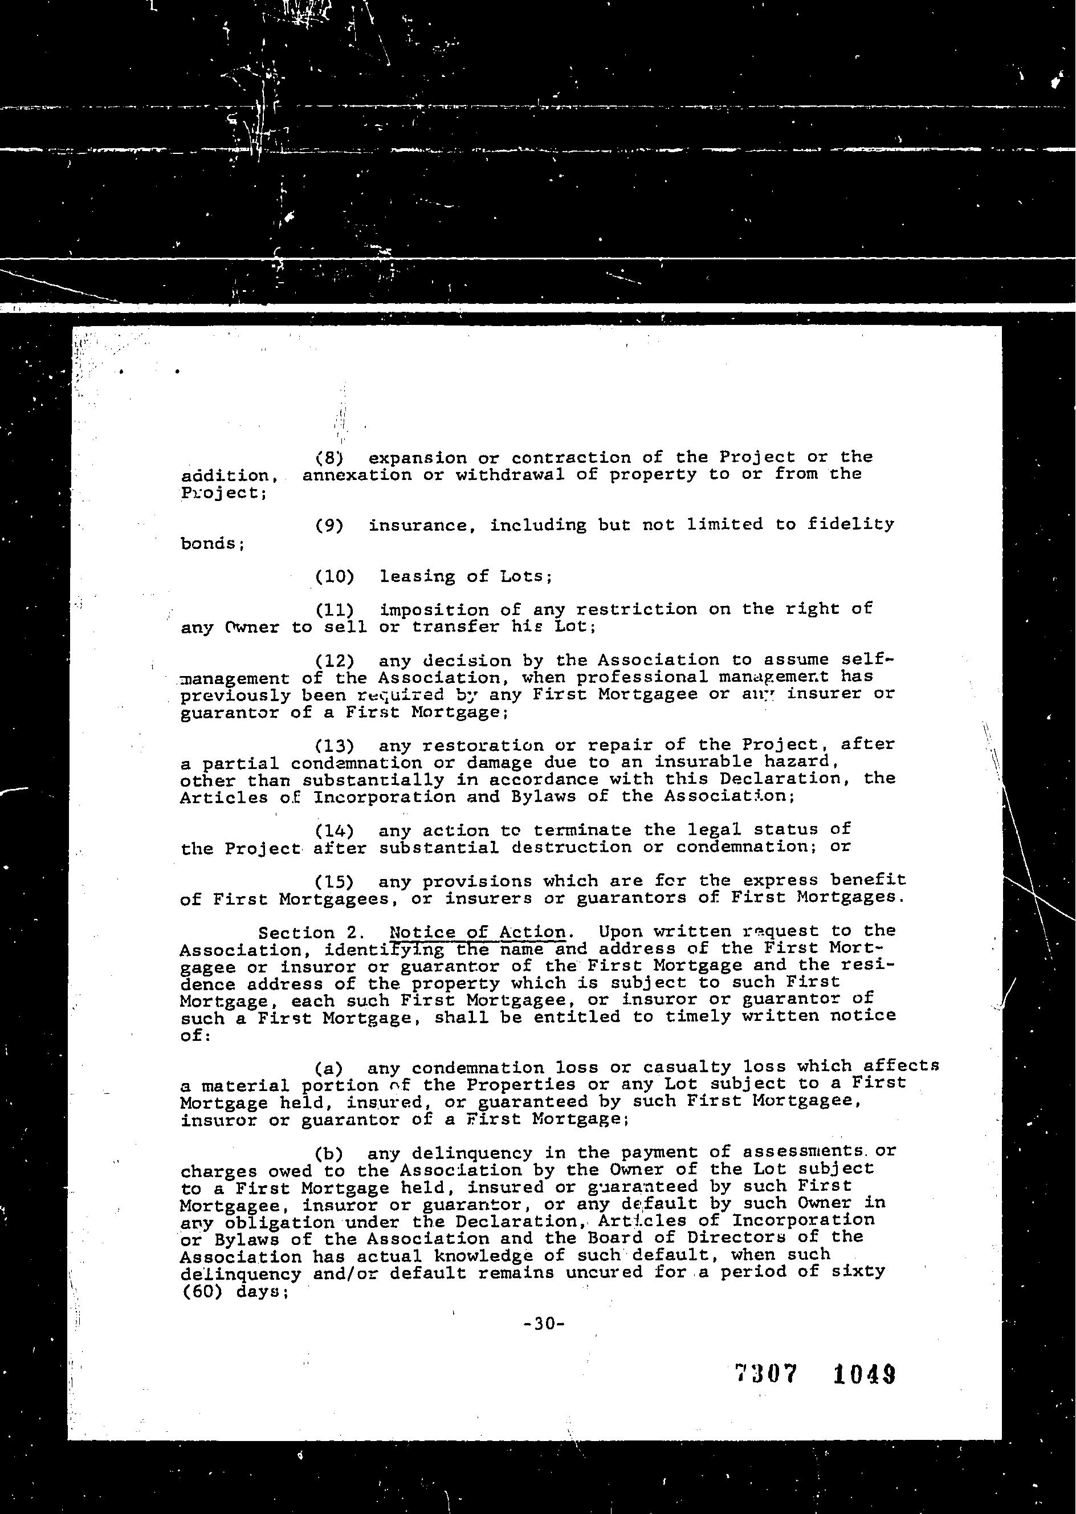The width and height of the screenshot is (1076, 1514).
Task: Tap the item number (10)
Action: coord(335,576)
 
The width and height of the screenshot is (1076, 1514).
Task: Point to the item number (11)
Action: coord(335,609)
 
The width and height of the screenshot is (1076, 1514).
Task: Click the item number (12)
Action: coord(335,661)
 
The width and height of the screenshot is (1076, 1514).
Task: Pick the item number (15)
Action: coord(335,882)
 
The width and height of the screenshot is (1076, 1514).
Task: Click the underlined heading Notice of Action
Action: coord(478,932)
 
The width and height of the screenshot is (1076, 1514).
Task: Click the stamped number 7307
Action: coord(765,1375)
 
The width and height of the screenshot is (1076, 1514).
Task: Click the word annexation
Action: coord(356,475)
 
